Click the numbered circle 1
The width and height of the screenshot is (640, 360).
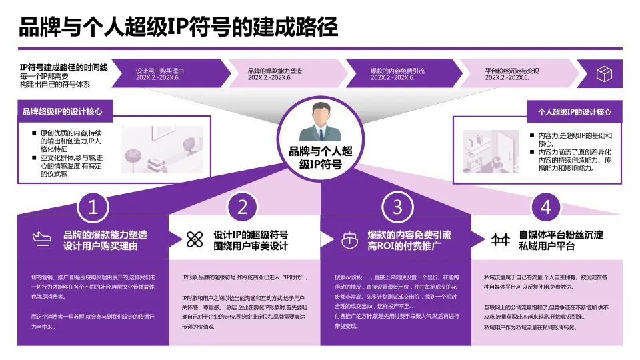93,207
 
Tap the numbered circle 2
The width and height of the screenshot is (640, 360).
242,207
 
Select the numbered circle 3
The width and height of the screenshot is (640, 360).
398,207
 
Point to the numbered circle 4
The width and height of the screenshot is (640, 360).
546,207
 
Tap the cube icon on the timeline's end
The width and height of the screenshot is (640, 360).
604,73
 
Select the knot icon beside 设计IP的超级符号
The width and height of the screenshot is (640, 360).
194,239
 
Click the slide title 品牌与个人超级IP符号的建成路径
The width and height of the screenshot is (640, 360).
178,27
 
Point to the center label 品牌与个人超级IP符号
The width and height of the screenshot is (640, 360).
319,157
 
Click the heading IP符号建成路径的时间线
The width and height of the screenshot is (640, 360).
63,67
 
